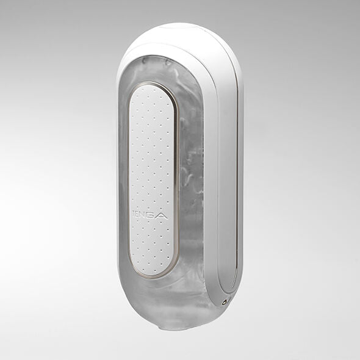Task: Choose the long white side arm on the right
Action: (231, 183)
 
